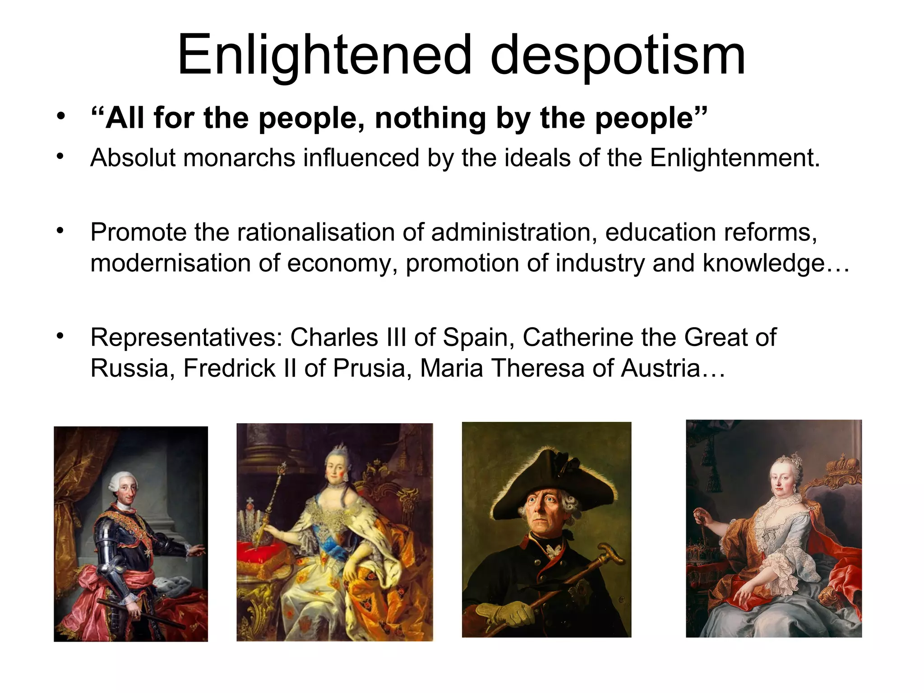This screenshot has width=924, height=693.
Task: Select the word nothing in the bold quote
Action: [430, 118]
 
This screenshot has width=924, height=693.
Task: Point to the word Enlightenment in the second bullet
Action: [734, 158]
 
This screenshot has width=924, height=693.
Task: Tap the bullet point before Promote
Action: [60, 231]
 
